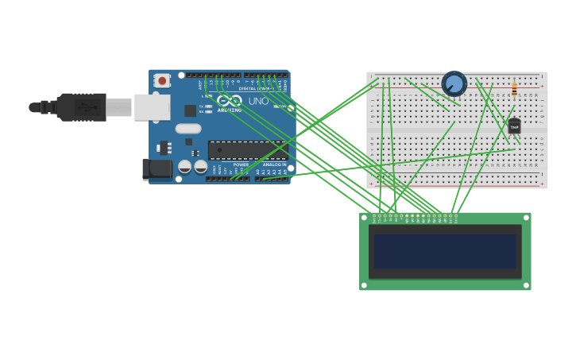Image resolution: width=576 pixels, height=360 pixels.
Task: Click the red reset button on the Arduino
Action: (x=162, y=80)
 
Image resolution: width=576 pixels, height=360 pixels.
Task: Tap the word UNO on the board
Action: (x=259, y=102)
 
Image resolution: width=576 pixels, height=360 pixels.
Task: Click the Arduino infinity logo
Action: (x=230, y=101)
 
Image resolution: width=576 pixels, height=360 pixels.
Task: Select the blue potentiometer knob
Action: (x=454, y=83)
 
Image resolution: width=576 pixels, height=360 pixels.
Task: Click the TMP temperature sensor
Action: (x=514, y=126)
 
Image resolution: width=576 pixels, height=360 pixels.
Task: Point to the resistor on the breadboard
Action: (x=514, y=90)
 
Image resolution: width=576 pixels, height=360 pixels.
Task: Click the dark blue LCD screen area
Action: (x=445, y=251)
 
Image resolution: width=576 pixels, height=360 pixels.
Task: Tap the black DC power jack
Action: (x=157, y=168)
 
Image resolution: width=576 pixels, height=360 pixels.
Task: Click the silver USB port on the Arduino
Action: (x=151, y=106)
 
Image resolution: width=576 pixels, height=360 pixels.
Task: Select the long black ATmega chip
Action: (x=246, y=149)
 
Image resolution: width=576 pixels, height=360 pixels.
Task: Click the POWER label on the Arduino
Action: (x=241, y=165)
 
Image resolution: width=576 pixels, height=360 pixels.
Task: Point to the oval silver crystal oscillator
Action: (x=188, y=129)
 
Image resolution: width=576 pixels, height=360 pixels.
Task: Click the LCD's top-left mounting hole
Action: (x=364, y=217)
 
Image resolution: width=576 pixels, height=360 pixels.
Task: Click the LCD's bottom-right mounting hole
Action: (x=526, y=285)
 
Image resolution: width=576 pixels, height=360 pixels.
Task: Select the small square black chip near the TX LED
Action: (x=191, y=111)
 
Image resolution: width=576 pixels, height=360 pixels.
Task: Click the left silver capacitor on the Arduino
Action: (x=184, y=167)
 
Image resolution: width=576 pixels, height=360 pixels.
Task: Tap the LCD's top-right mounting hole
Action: (x=526, y=217)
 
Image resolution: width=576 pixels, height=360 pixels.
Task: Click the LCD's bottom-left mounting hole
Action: (x=364, y=285)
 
